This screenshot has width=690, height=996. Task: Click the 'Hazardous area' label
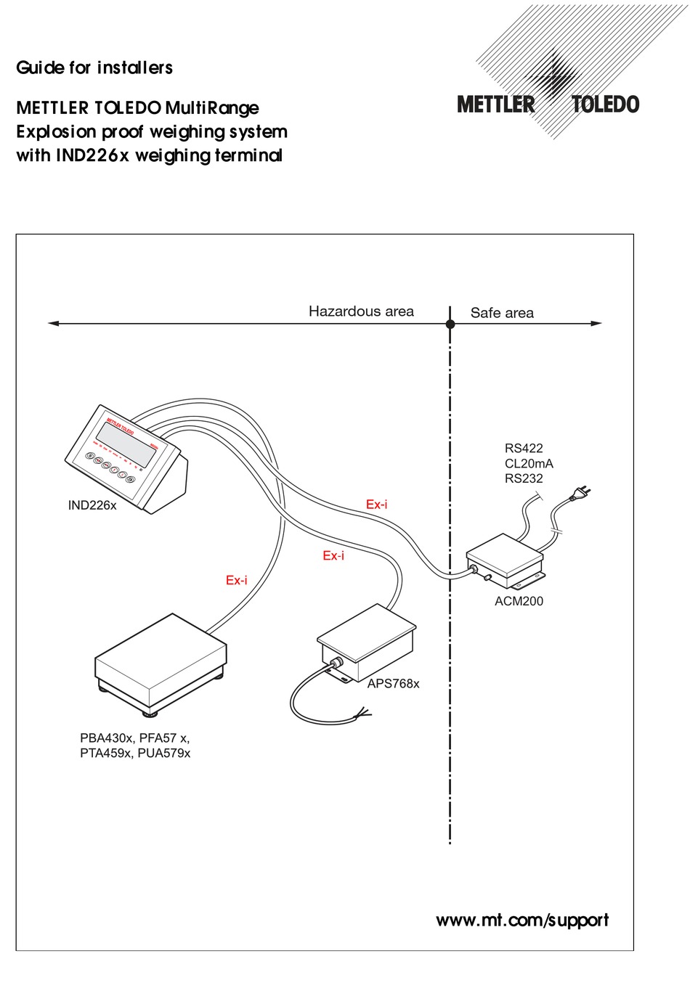[361, 311]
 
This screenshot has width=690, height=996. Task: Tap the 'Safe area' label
[502, 313]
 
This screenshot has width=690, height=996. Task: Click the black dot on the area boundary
[450, 324]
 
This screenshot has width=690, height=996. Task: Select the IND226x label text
[92, 505]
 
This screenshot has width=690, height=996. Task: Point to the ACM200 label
[519, 601]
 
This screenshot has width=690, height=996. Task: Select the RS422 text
[524, 448]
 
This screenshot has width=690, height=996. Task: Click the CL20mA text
[529, 463]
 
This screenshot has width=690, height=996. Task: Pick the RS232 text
[524, 478]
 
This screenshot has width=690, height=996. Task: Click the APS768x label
[393, 684]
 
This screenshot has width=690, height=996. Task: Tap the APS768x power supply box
[368, 638]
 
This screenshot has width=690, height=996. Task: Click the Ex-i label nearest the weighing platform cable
[236, 580]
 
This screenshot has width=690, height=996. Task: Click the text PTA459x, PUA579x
[135, 754]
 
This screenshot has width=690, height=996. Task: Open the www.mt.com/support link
[521, 921]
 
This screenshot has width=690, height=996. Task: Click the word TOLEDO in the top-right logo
[605, 105]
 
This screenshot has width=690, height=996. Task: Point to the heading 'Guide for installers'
[94, 68]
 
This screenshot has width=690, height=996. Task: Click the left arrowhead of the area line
[53, 324]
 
